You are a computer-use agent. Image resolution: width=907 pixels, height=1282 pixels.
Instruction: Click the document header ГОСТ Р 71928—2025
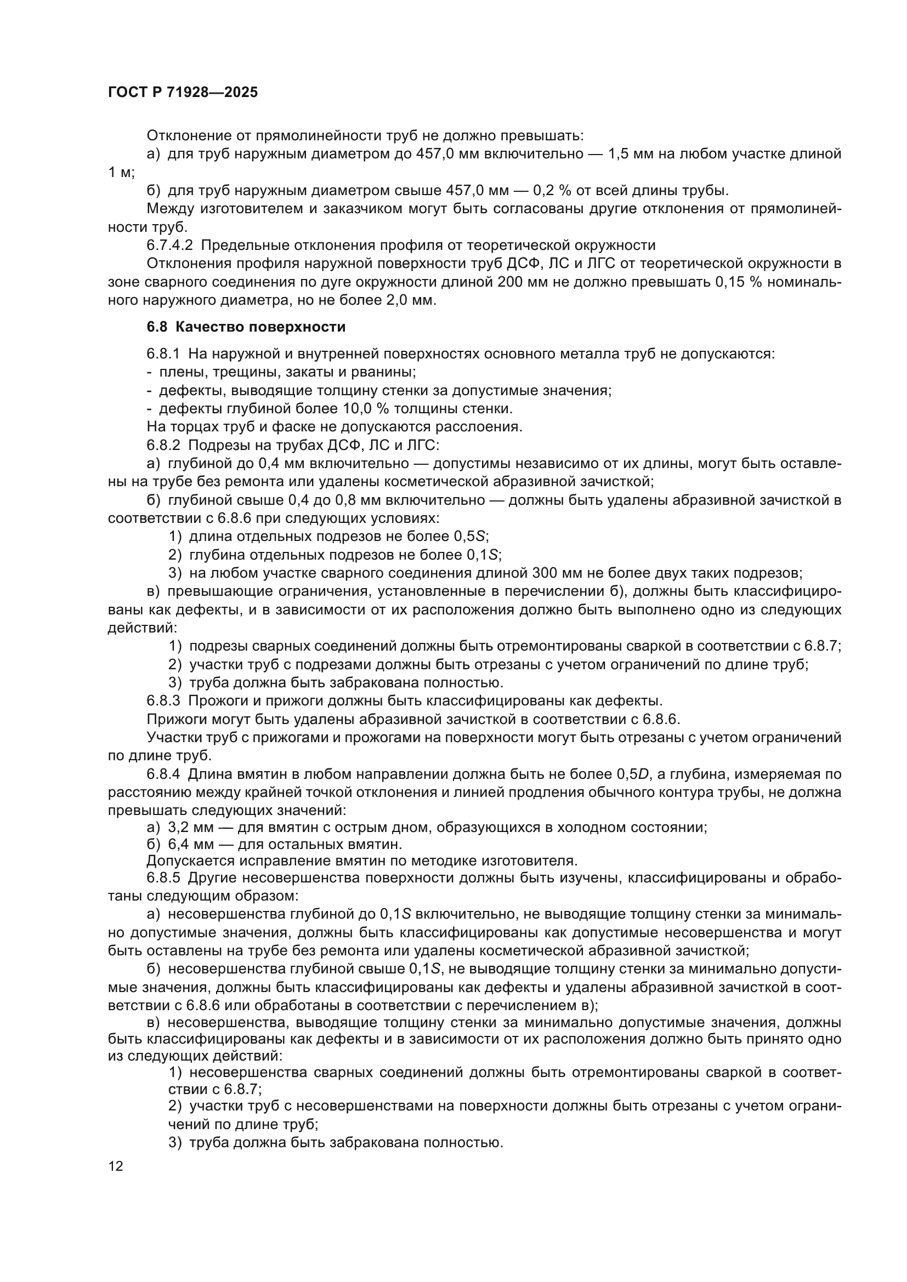183,93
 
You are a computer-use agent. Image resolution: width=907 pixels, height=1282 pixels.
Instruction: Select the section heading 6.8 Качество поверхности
246,327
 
